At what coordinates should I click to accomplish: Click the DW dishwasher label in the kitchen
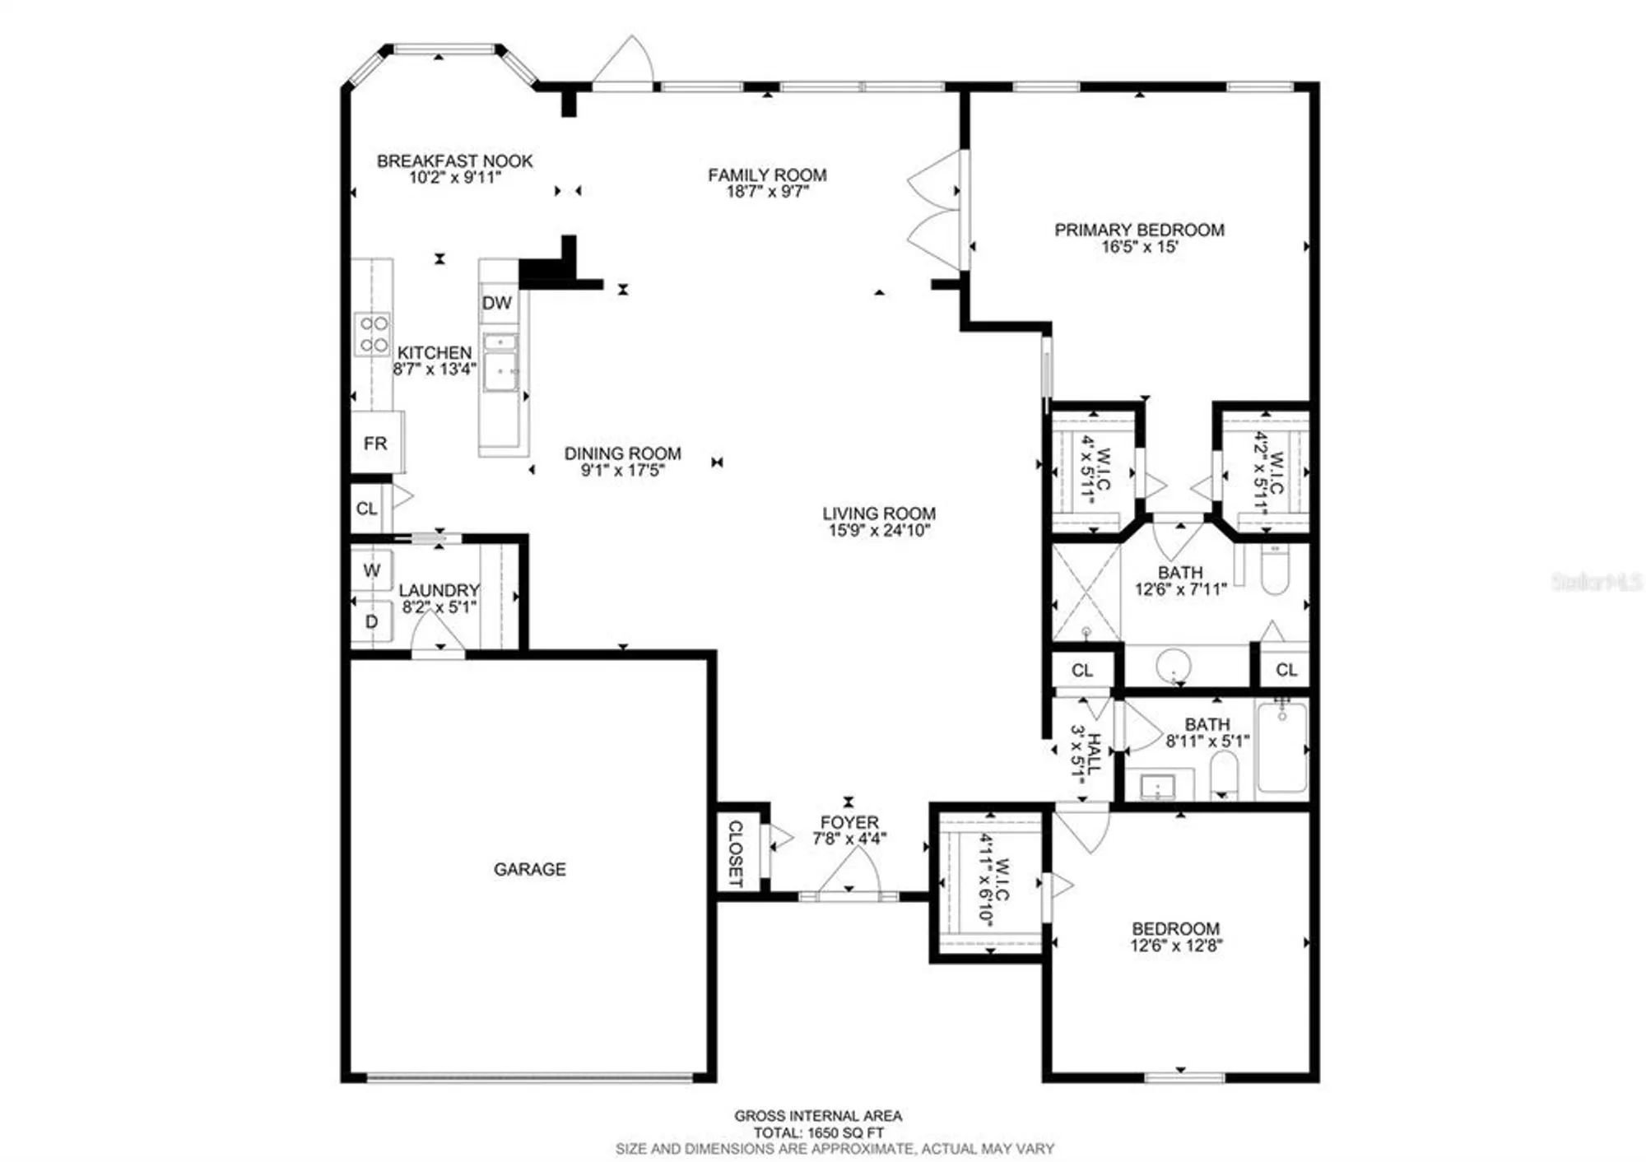pos(496,303)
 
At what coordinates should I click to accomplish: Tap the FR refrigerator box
pos(375,444)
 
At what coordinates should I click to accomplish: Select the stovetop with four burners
pos(373,334)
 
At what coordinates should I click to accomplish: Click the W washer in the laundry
pos(372,570)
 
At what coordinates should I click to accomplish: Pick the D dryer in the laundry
pos(372,622)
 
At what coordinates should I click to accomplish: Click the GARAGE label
pos(529,869)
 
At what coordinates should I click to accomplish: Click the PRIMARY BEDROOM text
pos(1139,230)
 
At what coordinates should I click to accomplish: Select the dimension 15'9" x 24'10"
pos(879,531)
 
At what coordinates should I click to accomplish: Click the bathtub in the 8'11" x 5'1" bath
pos(1281,747)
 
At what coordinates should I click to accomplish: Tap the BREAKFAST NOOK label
pos(454,161)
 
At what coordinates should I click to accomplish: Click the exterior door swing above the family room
pos(624,64)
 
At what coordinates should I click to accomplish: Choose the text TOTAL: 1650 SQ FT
pos(818,1132)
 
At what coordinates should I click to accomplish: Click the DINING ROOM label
pos(622,453)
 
